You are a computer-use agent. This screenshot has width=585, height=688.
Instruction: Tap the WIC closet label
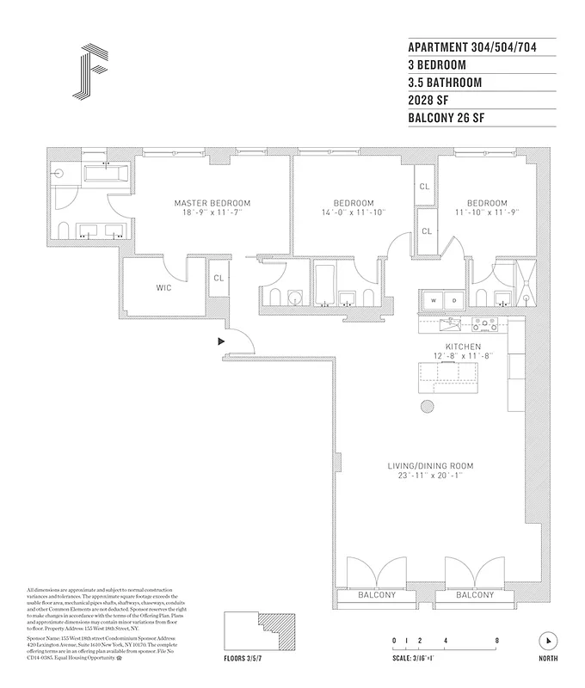tap(164, 287)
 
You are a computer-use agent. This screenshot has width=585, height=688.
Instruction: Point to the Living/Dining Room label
tap(430, 465)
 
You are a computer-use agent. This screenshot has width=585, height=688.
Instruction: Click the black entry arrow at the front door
tap(222, 341)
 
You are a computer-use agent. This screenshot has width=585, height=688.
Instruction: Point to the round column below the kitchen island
tap(427, 408)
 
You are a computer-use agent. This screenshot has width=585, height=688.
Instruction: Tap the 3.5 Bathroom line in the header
tap(445, 83)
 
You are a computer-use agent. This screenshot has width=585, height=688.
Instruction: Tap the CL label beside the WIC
tap(219, 278)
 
